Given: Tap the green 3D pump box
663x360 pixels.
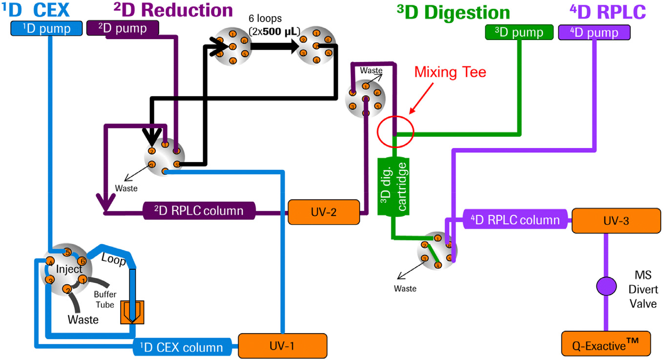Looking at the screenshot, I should [518, 32].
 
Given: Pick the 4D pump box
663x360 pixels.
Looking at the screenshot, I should [594, 33].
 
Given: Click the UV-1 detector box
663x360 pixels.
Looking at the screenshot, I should [282, 346].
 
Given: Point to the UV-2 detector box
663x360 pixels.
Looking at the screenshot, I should [324, 212].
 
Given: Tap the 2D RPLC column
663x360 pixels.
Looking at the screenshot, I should [200, 211].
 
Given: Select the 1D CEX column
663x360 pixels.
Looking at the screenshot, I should [185, 347].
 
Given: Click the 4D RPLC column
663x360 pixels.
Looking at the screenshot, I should [515, 219].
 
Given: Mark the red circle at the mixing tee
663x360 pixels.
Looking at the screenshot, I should [396, 131].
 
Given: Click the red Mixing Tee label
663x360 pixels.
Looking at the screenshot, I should [450, 73].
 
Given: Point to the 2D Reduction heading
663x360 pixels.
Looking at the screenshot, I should [172, 10].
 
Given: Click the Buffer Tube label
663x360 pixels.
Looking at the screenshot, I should [104, 299].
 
